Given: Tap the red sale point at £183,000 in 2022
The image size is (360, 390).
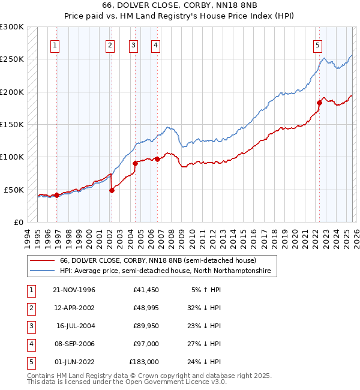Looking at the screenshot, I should [319, 103].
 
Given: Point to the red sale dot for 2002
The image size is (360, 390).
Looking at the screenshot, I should [112, 190].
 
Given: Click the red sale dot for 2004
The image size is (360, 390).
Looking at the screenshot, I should [135, 163].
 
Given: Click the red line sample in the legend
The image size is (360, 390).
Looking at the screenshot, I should [42, 260].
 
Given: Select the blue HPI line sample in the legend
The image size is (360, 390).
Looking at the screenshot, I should [42, 271].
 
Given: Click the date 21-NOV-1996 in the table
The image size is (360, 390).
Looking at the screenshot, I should [74, 290].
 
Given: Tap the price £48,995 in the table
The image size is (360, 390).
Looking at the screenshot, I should [143, 308].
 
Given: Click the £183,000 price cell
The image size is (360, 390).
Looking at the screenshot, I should [143, 362].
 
